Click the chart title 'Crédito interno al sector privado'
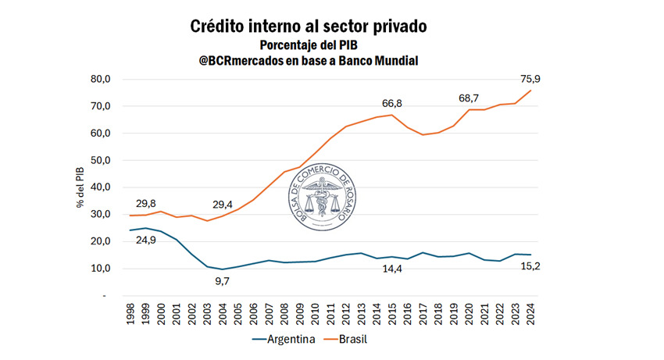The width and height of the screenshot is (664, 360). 309,26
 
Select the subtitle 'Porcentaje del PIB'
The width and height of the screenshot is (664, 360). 309,45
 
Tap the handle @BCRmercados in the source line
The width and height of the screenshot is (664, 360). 248,61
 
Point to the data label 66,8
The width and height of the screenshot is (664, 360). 397,103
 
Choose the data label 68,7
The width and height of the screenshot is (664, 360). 473,98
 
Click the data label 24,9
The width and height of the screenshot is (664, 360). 145,240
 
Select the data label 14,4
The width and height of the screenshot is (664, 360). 397,269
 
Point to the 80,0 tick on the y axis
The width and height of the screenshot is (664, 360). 102,79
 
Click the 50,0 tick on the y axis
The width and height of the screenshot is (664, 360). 102,160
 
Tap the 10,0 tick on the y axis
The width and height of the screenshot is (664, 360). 102,269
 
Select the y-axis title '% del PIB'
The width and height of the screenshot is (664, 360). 80,188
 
